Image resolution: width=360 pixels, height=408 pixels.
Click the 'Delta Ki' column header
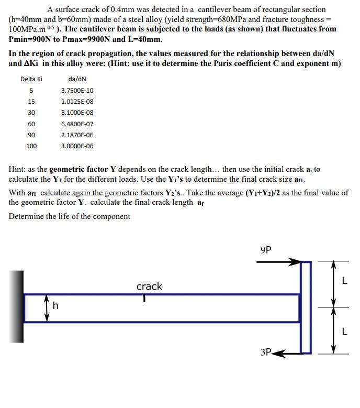[31, 80]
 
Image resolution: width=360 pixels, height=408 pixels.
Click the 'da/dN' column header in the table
[77, 80]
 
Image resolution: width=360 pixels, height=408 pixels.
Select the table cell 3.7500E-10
[77, 91]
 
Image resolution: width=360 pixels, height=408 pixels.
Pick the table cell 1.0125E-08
[77, 102]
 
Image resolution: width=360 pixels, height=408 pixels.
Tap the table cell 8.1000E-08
[77, 113]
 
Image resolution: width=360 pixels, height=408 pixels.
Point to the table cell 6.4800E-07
[77, 124]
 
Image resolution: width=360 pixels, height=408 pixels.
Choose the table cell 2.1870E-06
[77, 135]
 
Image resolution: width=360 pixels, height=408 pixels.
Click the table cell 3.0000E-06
[77, 146]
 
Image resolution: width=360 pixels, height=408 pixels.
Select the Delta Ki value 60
[31, 124]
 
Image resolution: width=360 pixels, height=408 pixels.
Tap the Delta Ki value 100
[31, 146]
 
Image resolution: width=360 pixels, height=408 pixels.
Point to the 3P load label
[266, 352]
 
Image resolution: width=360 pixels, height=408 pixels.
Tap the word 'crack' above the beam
[149, 286]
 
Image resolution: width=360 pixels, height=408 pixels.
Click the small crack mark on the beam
[144, 297]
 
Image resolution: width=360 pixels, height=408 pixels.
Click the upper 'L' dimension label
[344, 281]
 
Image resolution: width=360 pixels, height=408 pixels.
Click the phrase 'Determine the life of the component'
[70, 216]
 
